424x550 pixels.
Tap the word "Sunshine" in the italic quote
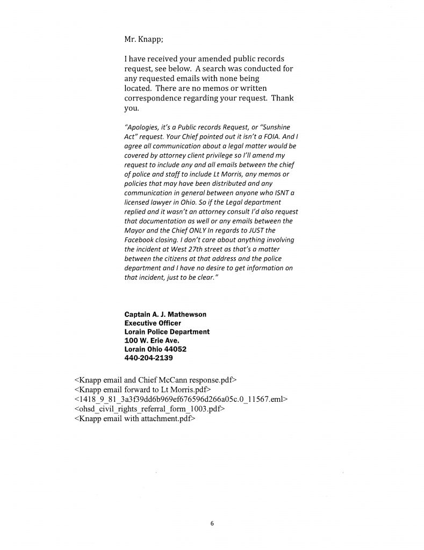pos(275,127)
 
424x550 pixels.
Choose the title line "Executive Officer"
pos(153,323)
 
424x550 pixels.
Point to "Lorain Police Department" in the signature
pos(167,332)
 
